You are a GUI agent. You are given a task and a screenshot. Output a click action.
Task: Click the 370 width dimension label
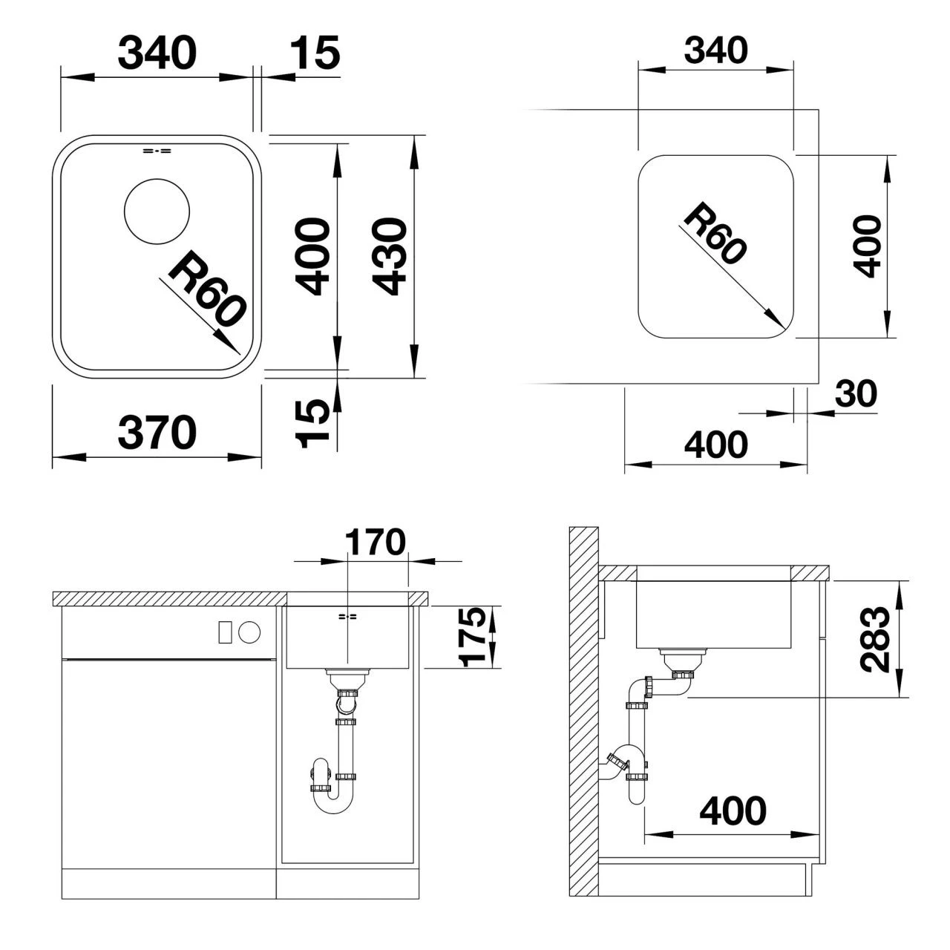[157, 433]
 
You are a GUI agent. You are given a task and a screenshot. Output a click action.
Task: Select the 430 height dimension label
[390, 256]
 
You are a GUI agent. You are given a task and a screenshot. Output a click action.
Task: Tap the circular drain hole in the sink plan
[157, 211]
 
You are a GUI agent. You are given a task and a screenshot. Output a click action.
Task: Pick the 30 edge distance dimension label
[856, 394]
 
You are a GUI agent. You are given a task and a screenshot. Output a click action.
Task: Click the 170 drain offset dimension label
[375, 542]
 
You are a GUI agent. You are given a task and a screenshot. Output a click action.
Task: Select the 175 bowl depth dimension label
[473, 637]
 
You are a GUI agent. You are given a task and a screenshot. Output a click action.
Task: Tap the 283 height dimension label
[875, 640]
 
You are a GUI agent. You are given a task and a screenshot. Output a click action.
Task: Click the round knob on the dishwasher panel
[249, 632]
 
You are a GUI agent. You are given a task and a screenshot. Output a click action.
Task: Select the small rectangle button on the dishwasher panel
[225, 632]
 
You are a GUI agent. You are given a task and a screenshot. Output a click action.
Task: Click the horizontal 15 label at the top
[315, 52]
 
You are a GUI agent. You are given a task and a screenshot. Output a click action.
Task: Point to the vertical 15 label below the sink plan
[312, 424]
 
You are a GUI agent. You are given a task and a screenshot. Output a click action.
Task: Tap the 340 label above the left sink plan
[157, 52]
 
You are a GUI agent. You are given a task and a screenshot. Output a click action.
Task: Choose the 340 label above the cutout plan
[715, 50]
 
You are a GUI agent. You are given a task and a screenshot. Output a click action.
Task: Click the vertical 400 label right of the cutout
[867, 246]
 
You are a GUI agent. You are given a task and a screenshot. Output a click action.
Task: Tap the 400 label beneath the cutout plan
[715, 444]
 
